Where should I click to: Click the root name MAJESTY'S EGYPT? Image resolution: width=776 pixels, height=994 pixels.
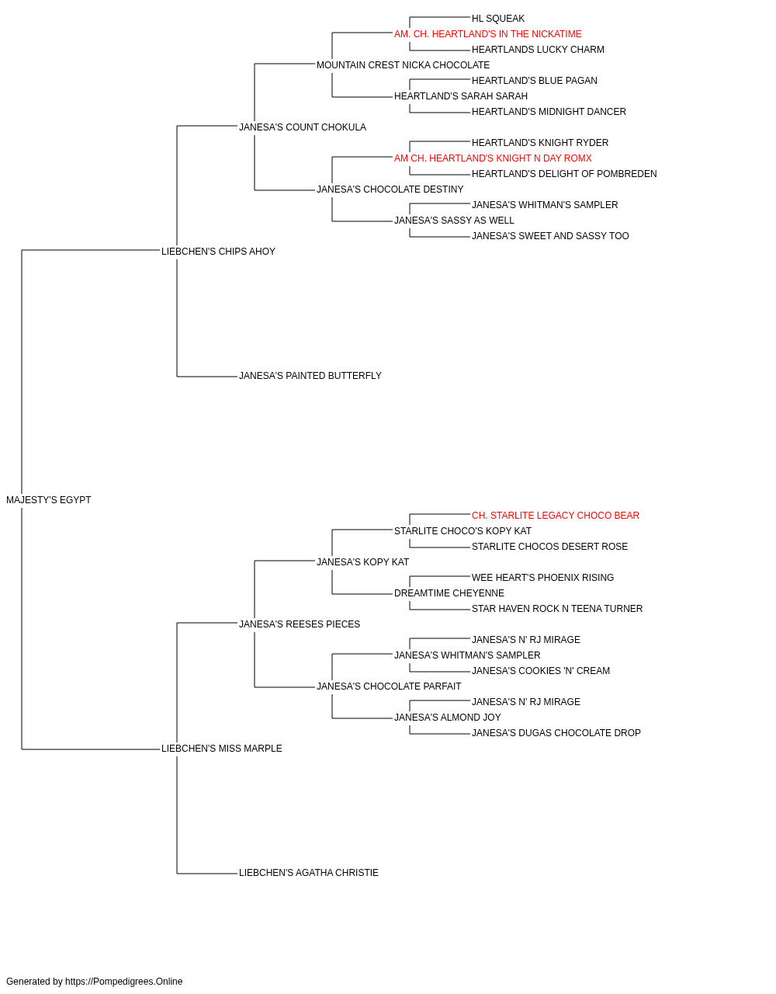click(x=48, y=500)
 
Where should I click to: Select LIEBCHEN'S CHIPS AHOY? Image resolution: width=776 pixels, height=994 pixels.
click(x=218, y=252)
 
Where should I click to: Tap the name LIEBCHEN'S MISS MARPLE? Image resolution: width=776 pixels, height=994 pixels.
click(x=222, y=749)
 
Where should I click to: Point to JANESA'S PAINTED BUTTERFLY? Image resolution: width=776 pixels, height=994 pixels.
click(x=310, y=376)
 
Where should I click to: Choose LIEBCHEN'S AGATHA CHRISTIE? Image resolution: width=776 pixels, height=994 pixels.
click(x=309, y=873)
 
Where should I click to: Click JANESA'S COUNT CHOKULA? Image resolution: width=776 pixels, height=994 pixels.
click(x=303, y=127)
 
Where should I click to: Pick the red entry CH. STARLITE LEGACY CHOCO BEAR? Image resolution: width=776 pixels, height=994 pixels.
click(x=556, y=516)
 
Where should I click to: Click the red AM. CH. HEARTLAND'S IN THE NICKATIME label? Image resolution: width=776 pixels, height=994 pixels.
click(x=487, y=34)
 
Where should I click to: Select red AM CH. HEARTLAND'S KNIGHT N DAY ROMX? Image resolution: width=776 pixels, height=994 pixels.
click(x=493, y=158)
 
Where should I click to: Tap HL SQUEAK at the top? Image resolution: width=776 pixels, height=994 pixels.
click(x=497, y=19)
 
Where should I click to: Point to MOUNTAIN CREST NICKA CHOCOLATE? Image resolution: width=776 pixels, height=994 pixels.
click(x=403, y=65)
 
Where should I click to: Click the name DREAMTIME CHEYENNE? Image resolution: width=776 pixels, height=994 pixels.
click(x=449, y=593)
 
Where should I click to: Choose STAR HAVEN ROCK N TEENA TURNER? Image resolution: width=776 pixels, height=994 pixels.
click(x=557, y=609)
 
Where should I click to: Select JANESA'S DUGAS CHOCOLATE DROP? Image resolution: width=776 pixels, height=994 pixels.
click(x=556, y=733)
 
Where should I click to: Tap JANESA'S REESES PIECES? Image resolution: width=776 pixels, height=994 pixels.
click(x=300, y=624)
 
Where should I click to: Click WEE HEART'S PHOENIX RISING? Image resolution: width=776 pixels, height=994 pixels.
click(x=542, y=578)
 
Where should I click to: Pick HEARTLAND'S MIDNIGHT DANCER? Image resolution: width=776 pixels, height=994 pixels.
click(x=549, y=112)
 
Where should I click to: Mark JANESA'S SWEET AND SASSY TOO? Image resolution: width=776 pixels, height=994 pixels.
click(x=550, y=236)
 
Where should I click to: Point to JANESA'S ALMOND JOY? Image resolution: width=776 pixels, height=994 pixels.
click(x=448, y=718)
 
